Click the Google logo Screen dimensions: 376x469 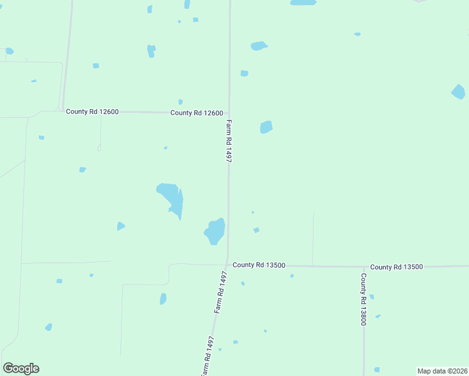(x=21, y=368)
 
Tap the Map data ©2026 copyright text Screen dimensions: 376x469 (x=442, y=371)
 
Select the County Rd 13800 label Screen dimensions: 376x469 (x=363, y=299)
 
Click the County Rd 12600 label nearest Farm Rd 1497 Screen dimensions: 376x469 (x=197, y=113)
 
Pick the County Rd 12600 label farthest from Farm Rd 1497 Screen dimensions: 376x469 (x=92, y=112)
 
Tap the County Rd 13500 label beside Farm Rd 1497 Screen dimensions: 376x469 (x=259, y=265)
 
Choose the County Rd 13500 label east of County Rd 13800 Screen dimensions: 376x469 (x=396, y=267)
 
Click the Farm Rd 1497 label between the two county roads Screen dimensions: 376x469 (x=229, y=142)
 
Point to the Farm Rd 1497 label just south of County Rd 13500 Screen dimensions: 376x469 (x=219, y=293)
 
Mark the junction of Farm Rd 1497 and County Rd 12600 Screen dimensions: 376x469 (x=228, y=113)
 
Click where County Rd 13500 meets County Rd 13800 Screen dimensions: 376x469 (x=363, y=266)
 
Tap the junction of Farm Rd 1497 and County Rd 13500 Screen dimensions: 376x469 (x=226, y=264)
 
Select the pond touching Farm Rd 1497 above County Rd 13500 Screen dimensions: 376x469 (x=214, y=231)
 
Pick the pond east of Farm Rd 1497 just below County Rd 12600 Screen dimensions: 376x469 (x=266, y=127)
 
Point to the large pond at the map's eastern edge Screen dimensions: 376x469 (x=458, y=91)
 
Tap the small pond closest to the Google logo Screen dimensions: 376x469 (x=48, y=327)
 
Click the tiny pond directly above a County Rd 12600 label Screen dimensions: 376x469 (x=181, y=102)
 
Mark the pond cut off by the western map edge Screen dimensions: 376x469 (x=9, y=51)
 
